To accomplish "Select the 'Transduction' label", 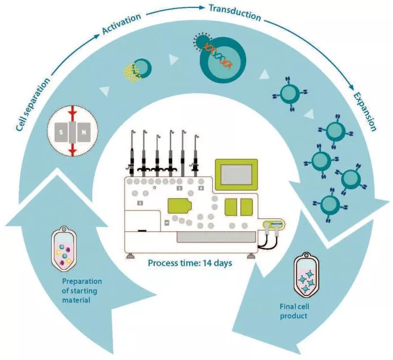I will click(x=234, y=12).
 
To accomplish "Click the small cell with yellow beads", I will click(x=138, y=70).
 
